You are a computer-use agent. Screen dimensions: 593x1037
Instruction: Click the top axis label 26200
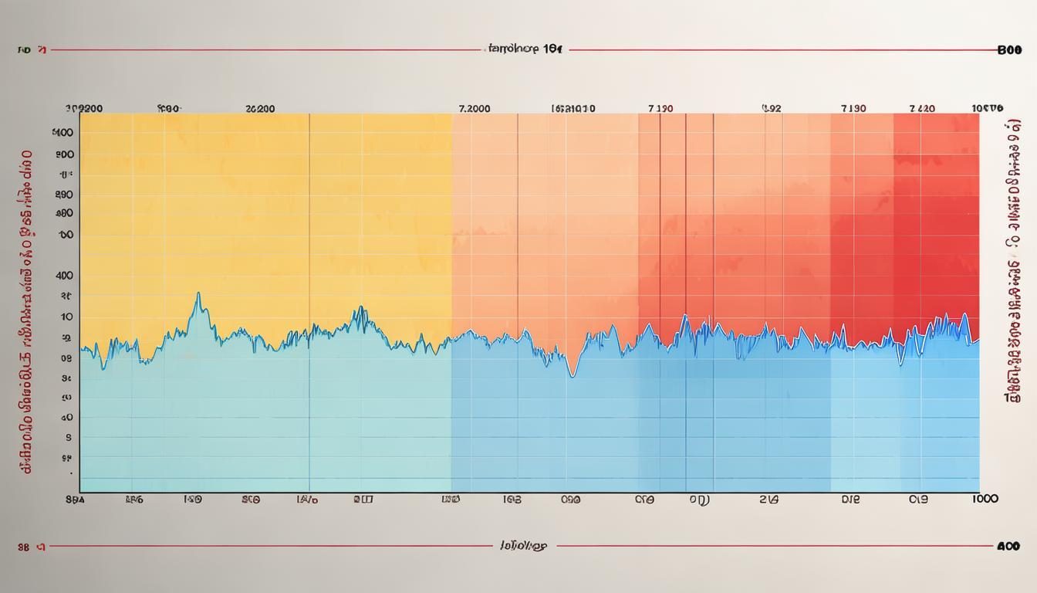pyautogui.click(x=259, y=109)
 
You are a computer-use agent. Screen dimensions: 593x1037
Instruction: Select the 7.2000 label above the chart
pyautogui.click(x=474, y=109)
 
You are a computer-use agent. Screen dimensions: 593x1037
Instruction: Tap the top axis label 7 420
pyautogui.click(x=922, y=109)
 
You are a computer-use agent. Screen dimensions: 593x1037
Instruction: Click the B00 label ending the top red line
pyautogui.click(x=1009, y=50)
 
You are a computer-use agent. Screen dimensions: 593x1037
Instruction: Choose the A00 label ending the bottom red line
pyautogui.click(x=1008, y=546)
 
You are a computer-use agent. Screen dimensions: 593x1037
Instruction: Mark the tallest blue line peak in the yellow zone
pyautogui.click(x=198, y=294)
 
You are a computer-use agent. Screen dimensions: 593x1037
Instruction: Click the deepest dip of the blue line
pyautogui.click(x=571, y=375)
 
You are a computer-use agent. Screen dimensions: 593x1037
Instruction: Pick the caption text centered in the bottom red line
pyautogui.click(x=518, y=546)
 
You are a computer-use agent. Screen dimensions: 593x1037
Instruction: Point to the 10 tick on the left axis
pyautogui.click(x=66, y=317)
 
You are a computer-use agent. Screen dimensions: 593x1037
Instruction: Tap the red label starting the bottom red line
pyautogui.click(x=32, y=546)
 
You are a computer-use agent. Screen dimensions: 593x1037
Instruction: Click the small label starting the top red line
pyautogui.click(x=32, y=50)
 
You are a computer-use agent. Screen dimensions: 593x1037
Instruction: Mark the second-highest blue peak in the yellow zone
pyautogui.click(x=360, y=309)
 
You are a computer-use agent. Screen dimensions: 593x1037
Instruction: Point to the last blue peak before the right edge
pyautogui.click(x=965, y=315)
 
